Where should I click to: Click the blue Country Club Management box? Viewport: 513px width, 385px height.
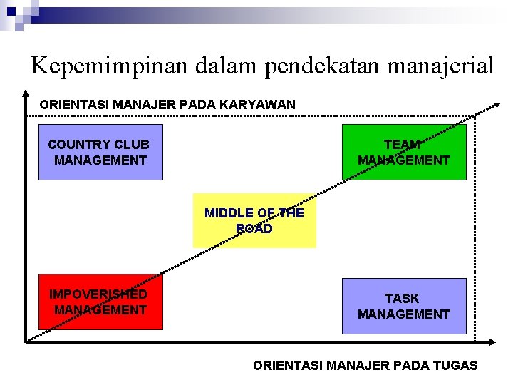(100, 152)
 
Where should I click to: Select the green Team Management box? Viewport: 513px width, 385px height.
(404, 152)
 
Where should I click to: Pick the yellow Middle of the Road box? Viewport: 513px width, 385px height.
(254, 221)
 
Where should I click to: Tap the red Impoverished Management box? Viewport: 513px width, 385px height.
(100, 302)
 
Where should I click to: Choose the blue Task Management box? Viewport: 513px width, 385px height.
(404, 306)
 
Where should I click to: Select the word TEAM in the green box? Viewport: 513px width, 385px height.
(402, 144)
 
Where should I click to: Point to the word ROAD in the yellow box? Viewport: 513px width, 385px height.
(254, 229)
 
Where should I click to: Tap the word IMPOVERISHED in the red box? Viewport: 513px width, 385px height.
(98, 294)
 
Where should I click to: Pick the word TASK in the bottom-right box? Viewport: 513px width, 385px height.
(402, 298)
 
